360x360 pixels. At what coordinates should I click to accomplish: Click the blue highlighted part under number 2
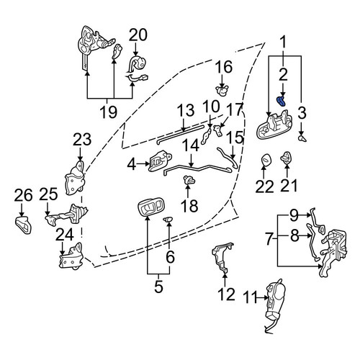tap(281, 101)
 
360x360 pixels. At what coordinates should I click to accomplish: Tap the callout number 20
tap(138, 35)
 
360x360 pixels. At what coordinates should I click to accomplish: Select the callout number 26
tap(23, 195)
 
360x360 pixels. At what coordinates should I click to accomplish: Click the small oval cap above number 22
tap(266, 160)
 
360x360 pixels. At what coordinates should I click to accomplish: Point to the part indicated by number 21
tap(286, 158)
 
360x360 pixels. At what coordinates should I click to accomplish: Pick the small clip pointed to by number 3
tap(302, 138)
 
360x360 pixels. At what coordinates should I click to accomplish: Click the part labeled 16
tap(222, 91)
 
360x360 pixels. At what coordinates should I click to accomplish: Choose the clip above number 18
tap(189, 180)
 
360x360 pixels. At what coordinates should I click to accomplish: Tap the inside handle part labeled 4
tap(160, 161)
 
